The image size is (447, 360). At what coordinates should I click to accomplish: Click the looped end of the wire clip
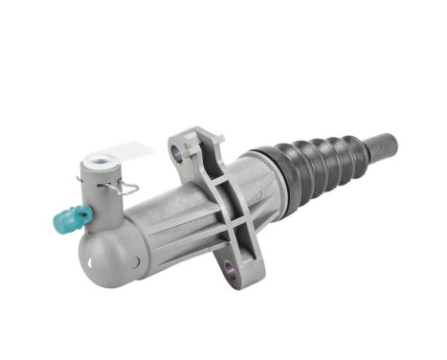click(131, 189)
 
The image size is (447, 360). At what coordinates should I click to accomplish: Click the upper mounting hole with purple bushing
click(176, 150)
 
